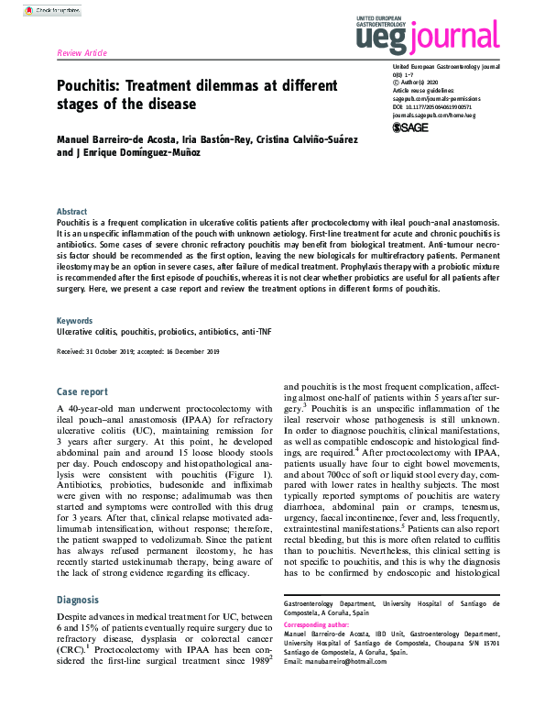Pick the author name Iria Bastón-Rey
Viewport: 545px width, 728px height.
tap(201, 138)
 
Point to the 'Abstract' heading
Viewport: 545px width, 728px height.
tap(72, 211)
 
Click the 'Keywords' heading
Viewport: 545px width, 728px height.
tap(74, 321)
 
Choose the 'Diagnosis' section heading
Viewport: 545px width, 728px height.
tap(78, 600)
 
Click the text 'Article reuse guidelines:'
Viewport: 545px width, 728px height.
tap(421, 90)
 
